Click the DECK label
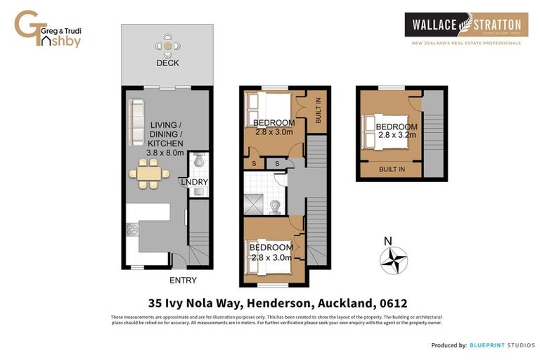coord(167,63)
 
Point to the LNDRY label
coord(195,182)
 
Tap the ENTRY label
coord(184,281)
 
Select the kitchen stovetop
coord(131,230)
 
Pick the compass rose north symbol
coord(394,259)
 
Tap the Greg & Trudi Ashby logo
coord(49,30)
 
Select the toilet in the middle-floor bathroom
coord(276,205)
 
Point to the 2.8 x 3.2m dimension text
coord(396,136)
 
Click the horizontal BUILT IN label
coord(391,169)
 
